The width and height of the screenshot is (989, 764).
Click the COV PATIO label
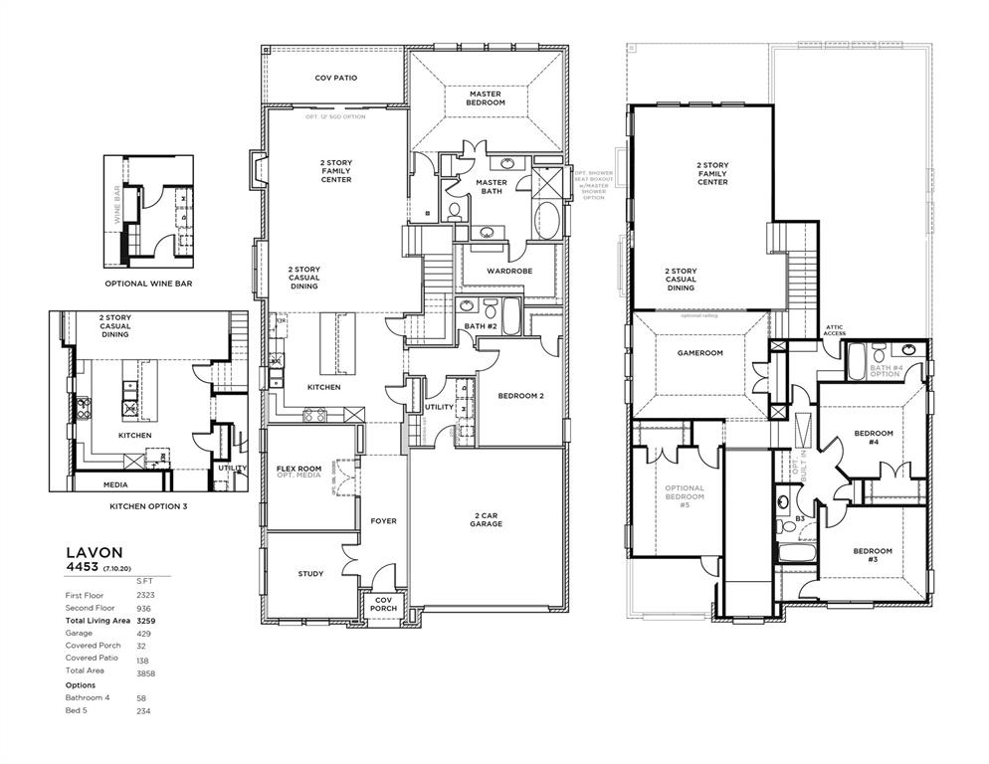335,78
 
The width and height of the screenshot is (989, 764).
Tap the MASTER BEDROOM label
486,98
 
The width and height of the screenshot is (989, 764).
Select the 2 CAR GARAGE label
486,520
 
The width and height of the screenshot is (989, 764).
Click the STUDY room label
310,574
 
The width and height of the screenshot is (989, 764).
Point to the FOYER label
383,521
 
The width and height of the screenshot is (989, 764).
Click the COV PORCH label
383,604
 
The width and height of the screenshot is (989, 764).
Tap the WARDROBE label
509,271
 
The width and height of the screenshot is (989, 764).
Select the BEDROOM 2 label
520,397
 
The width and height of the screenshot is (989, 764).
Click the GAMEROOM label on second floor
699,353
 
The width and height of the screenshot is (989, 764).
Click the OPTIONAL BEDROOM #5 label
684,496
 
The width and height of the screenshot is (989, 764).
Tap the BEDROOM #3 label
872,555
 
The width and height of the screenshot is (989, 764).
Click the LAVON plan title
95,552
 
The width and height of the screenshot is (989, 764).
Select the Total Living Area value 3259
147,620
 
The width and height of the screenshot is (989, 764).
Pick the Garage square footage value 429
143,633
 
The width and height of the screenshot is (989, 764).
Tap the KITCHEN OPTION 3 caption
148,506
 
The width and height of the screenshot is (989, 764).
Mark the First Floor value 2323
145,594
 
